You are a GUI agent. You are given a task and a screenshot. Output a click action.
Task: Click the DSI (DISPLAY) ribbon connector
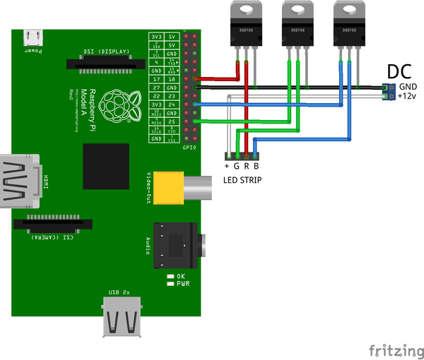(101, 64)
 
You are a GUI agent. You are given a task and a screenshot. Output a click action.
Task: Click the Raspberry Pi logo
(114, 104)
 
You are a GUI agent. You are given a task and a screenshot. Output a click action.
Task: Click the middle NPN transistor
(297, 24)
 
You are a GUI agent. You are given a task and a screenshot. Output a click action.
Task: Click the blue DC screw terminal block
(387, 91)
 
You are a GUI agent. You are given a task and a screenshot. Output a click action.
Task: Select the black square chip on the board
(106, 166)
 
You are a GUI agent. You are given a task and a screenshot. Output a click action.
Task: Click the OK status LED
(170, 276)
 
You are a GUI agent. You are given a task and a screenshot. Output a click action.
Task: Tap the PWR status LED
(170, 283)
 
